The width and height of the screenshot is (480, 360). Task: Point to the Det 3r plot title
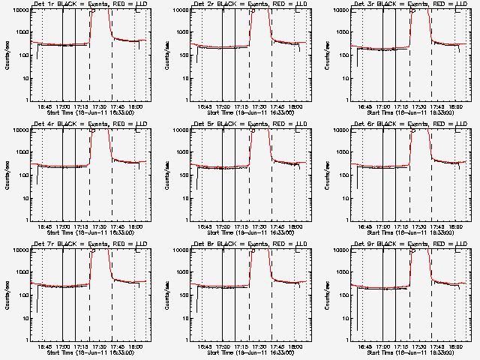[407, 5]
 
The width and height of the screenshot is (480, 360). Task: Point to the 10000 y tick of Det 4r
[17, 130]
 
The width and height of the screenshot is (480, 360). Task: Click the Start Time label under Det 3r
[407, 112]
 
